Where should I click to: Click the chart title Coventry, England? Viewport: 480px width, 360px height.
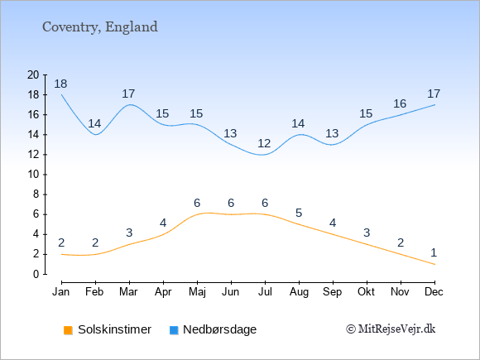tap(100, 27)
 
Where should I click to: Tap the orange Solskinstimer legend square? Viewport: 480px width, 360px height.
tap(68, 330)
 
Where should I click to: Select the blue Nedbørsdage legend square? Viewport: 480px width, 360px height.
tap(174, 330)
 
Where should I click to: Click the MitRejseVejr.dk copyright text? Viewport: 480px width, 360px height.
tap(391, 329)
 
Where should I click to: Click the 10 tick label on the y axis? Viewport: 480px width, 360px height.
tap(33, 175)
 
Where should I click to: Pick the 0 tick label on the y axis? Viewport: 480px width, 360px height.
tap(36, 274)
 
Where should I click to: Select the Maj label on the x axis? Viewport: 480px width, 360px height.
tap(197, 292)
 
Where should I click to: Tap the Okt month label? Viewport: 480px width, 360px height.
tap(366, 292)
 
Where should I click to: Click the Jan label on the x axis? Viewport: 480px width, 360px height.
tap(61, 292)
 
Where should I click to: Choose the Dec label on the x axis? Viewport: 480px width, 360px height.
tap(434, 292)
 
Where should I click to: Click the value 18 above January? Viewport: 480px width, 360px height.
tap(60, 84)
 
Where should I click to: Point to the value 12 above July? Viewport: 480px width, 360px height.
tap(264, 143)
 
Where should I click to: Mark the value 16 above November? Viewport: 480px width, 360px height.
tap(400, 103)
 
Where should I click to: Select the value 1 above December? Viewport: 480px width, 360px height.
tap(434, 252)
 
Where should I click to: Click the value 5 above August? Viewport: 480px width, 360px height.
tap(299, 213)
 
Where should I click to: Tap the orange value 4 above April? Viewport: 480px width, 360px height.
tap(163, 223)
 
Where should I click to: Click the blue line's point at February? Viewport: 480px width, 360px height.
tap(96, 134)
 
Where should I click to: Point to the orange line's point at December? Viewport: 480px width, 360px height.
tap(434, 264)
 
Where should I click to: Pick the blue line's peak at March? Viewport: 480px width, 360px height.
tap(130, 104)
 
